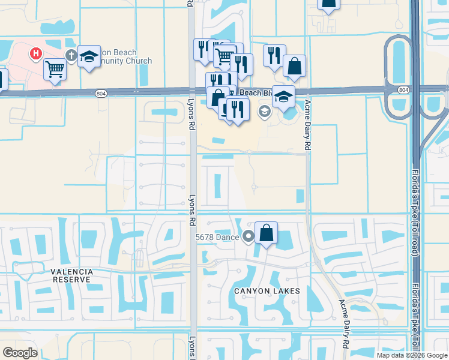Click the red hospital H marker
(x=37, y=54)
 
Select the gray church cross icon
(x=71, y=56)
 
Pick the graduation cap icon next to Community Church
(x=89, y=57)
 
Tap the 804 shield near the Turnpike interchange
(x=403, y=89)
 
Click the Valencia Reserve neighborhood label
(x=72, y=276)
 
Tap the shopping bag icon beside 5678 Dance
(x=266, y=232)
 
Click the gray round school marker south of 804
(x=264, y=111)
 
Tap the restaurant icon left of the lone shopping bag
(x=274, y=56)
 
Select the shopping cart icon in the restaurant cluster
(x=224, y=56)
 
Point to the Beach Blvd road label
(x=251, y=93)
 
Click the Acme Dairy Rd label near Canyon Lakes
(x=345, y=324)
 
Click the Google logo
(x=20, y=353)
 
